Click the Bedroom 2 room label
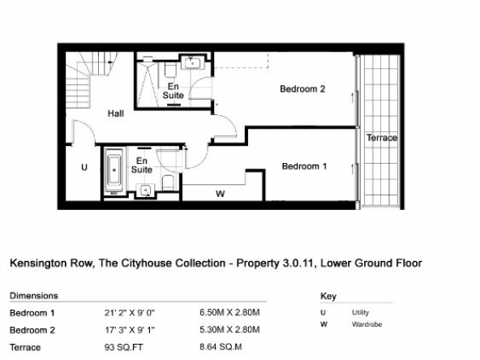(x=302, y=89)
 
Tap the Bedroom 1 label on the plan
(x=304, y=166)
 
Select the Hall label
(x=116, y=114)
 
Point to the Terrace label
(x=382, y=138)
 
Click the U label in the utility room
(x=84, y=167)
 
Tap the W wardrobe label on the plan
(x=221, y=194)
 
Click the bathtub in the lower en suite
(x=114, y=170)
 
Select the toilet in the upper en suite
(x=170, y=70)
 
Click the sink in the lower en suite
(x=146, y=191)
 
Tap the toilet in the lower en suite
(x=168, y=182)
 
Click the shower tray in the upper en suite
(x=148, y=84)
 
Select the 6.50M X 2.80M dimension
(x=229, y=312)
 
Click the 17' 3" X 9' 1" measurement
(x=130, y=330)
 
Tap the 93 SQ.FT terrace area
(x=124, y=348)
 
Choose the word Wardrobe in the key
(x=366, y=324)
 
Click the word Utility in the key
(x=360, y=312)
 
